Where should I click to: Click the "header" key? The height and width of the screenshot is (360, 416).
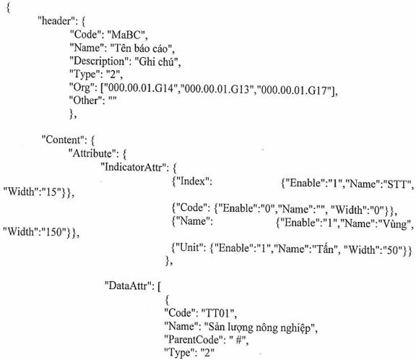point(56,21)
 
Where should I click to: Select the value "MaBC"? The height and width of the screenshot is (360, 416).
point(127,35)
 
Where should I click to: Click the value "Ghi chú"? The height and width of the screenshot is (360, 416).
point(157,61)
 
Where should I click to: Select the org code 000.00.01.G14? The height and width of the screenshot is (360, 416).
point(141,88)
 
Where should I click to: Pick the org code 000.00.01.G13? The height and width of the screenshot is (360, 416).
point(217,89)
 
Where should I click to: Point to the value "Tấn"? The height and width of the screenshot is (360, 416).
point(324,249)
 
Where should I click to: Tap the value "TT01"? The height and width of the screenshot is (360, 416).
point(219,313)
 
